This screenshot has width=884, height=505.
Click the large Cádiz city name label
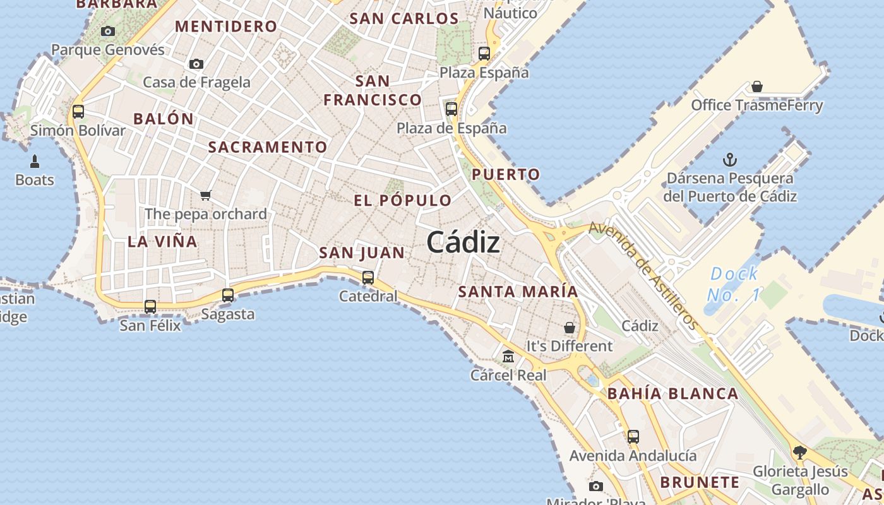(463, 242)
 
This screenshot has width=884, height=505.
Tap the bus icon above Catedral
(367, 278)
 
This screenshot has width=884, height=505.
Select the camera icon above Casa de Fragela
(196, 64)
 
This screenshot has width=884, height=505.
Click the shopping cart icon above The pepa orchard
(205, 196)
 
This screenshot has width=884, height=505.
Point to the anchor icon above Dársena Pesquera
(729, 159)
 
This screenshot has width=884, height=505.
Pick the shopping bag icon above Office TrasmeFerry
(757, 86)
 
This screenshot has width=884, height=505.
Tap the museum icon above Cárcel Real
(508, 357)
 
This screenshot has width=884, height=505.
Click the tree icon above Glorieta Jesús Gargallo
(800, 452)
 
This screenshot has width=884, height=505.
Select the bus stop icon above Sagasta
(228, 295)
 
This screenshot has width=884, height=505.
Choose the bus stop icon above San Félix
(150, 307)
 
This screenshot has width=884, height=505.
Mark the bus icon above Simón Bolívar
(78, 112)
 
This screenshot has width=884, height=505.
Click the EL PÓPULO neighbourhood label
(403, 201)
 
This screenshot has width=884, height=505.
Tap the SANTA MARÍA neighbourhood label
(518, 292)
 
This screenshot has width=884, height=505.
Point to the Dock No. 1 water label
(734, 284)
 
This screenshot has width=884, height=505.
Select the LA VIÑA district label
(162, 241)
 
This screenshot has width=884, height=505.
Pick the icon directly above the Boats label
(35, 162)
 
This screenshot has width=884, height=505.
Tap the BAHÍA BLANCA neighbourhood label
(672, 394)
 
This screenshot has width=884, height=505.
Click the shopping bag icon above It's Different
(570, 328)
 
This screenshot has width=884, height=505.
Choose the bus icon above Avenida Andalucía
(633, 437)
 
